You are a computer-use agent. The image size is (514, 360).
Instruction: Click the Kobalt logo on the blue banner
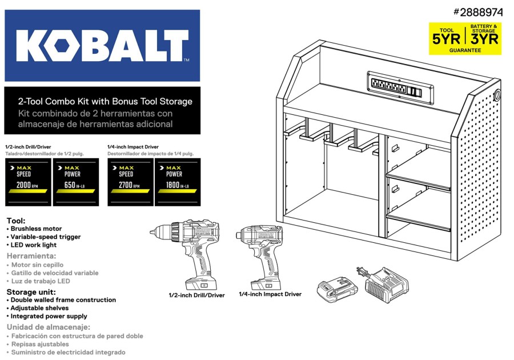pyautogui.click(x=103, y=46)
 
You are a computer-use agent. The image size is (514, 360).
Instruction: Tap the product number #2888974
pyautogui.click(x=478, y=13)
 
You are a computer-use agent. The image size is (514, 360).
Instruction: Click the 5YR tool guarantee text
pyautogui.click(x=446, y=37)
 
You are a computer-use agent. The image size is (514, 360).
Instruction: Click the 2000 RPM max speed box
pyautogui.click(x=28, y=182)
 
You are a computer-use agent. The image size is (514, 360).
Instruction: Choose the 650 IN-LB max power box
pyautogui.click(x=76, y=182)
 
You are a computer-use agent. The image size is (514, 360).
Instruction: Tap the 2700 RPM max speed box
pyautogui.click(x=130, y=182)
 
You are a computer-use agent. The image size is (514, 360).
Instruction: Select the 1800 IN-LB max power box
pyautogui.click(x=178, y=182)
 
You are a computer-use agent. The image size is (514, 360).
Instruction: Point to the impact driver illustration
pyautogui.click(x=260, y=257)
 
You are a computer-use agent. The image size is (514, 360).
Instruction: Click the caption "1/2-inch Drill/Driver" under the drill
pyautogui.click(x=196, y=295)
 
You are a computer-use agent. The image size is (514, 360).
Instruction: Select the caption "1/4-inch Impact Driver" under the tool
pyautogui.click(x=270, y=294)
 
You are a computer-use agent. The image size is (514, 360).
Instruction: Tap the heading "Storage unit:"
pyautogui.click(x=31, y=292)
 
